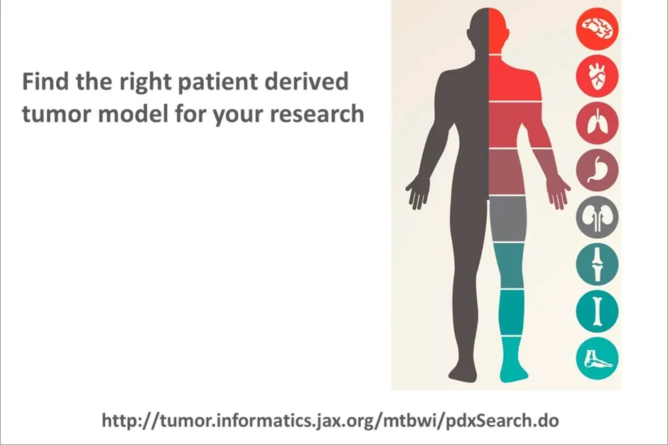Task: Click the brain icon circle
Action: [597, 28]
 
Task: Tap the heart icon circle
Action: [597, 75]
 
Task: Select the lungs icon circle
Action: [597, 122]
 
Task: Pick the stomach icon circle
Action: [597, 170]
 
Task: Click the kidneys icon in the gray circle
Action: [597, 217]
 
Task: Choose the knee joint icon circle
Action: [597, 264]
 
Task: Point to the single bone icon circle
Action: [597, 311]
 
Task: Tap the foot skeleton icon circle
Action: [597, 358]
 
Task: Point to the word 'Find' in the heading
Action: [44, 82]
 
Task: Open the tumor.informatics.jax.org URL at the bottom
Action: [330, 420]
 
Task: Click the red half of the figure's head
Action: [499, 32]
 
